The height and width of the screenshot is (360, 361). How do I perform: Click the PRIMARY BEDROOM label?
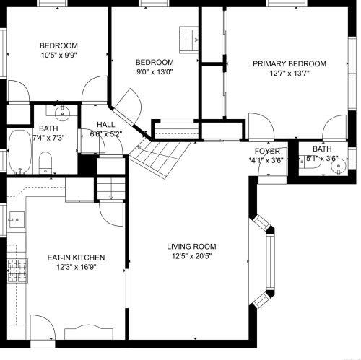click(290, 63)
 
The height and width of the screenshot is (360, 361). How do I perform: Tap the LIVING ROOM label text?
click(191, 247)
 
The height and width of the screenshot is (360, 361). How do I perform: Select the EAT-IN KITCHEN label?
click(76, 258)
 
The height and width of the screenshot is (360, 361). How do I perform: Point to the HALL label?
click(106, 125)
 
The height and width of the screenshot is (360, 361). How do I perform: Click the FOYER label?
click(267, 151)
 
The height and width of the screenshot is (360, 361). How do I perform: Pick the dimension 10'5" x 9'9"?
click(58, 56)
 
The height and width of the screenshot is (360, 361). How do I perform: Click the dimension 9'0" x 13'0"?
click(155, 72)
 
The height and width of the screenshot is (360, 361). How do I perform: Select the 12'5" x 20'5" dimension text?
click(191, 256)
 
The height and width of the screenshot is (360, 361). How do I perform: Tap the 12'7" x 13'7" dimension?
click(290, 74)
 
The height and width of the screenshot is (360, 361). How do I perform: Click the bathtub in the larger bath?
click(20, 151)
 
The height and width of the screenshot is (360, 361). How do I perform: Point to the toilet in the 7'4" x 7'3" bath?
click(45, 162)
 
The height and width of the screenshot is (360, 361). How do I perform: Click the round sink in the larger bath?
click(62, 113)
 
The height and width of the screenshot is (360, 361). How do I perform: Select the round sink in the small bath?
click(339, 167)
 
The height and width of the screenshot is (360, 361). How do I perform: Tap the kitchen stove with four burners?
click(17, 271)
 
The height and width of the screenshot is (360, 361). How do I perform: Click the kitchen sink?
click(17, 219)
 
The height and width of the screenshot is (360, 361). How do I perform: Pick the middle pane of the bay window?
click(271, 261)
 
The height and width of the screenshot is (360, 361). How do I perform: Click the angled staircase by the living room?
click(160, 158)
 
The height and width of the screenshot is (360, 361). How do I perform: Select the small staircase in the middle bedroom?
click(188, 40)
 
